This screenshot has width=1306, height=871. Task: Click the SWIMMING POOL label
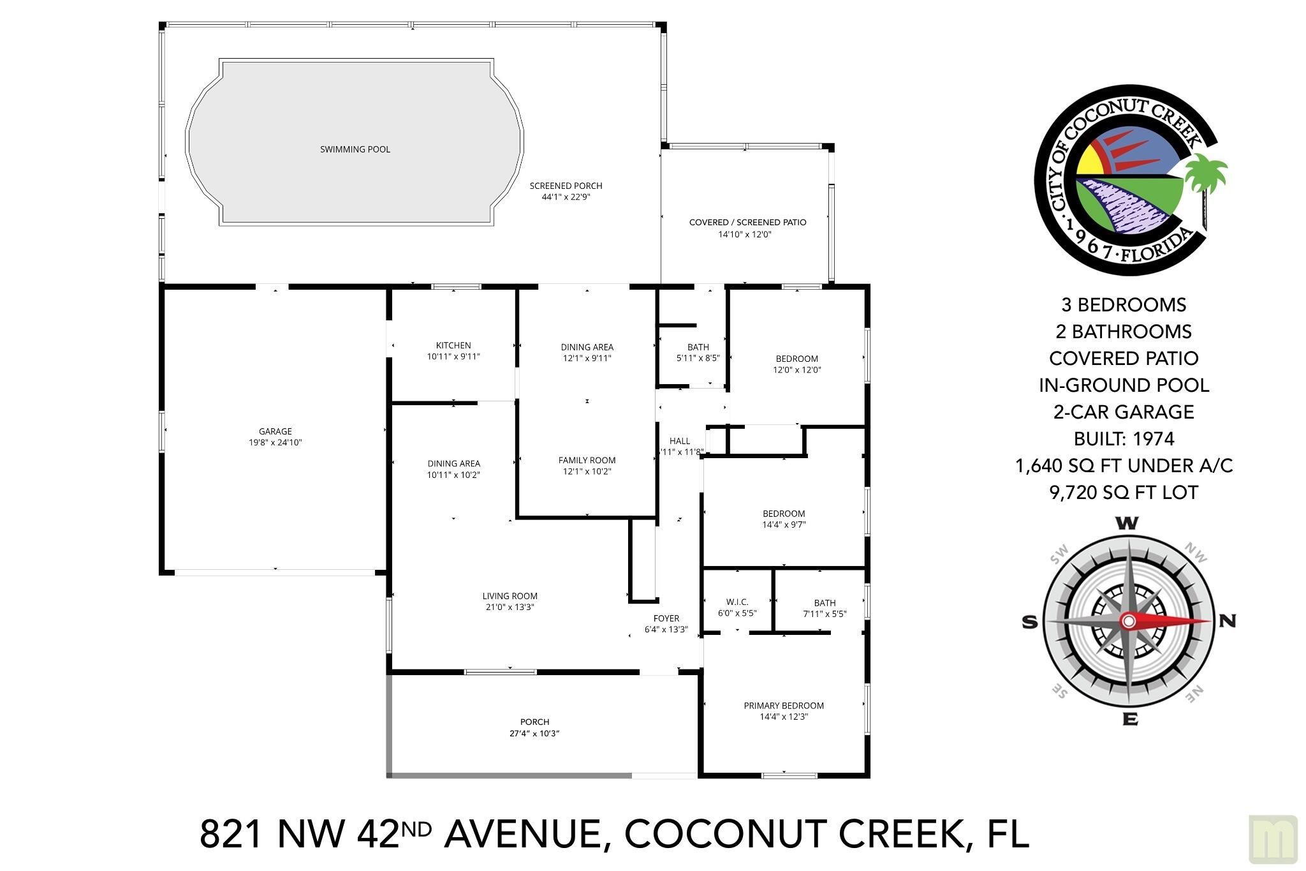355,149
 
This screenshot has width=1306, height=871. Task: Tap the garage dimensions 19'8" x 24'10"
275,443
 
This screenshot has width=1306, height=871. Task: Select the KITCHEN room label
453,346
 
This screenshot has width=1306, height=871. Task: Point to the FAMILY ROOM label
587,460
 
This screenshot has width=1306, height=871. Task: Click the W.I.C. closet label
737,602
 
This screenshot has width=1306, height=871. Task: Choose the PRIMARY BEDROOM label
784,706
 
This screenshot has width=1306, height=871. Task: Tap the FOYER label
666,618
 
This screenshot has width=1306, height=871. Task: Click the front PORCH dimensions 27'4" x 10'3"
534,734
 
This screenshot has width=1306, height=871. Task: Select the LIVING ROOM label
510,597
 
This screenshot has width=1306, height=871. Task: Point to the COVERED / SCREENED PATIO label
748,223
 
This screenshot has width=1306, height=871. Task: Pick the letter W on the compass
1127,524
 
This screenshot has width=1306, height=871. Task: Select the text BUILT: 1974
1124,439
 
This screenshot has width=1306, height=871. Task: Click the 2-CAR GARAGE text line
1124,412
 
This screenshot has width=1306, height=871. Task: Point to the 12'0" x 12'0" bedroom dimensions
797,370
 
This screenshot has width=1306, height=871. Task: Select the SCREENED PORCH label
566,186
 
